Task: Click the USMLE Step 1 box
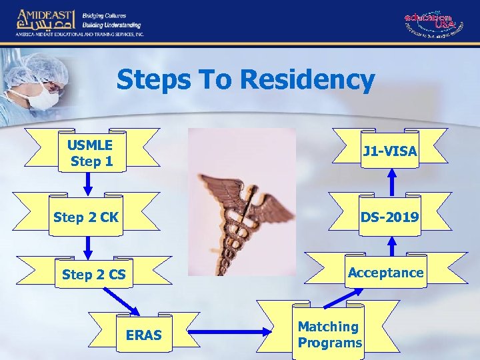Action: pyautogui.click(x=91, y=154)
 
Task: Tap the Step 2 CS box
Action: pyautogui.click(x=93, y=274)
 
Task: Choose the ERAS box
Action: pyautogui.click(x=143, y=335)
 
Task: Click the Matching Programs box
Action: pyautogui.click(x=329, y=335)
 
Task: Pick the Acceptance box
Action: pyautogui.click(x=385, y=272)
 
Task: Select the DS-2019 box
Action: pyautogui.click(x=389, y=217)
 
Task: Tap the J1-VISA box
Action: pyautogui.click(x=390, y=152)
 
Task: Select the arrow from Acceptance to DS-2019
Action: pyautogui.click(x=392, y=245)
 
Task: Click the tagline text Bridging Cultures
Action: pyautogui.click(x=104, y=15)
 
